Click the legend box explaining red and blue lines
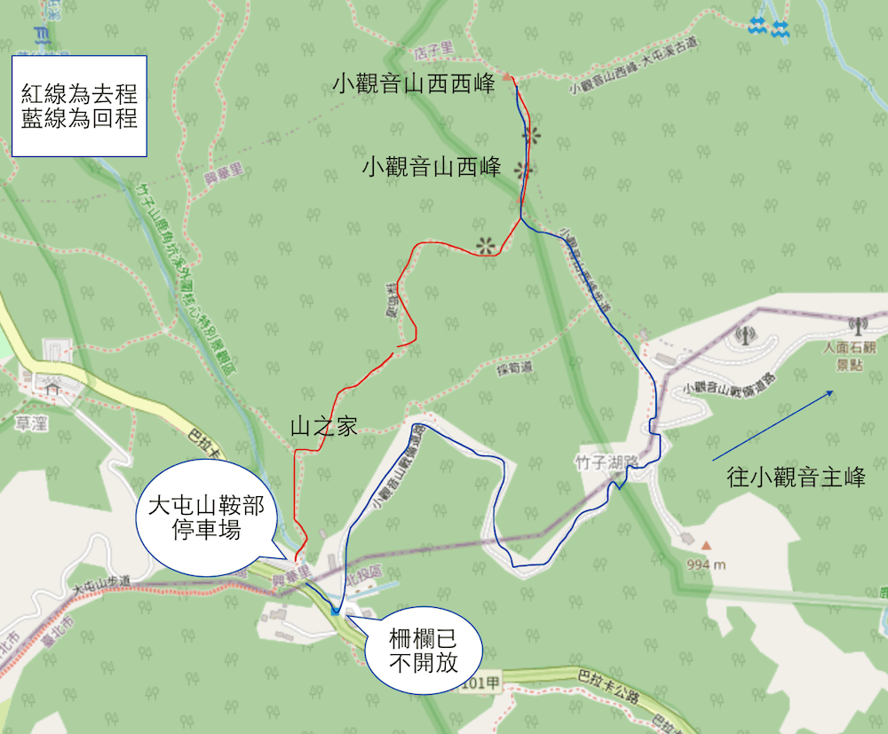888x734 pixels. [80, 106]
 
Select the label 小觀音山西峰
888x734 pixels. [432, 167]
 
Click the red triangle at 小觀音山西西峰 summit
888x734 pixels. [507, 77]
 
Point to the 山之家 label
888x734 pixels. [323, 427]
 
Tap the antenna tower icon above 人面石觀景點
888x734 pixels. [857, 327]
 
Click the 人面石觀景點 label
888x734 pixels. [855, 356]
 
